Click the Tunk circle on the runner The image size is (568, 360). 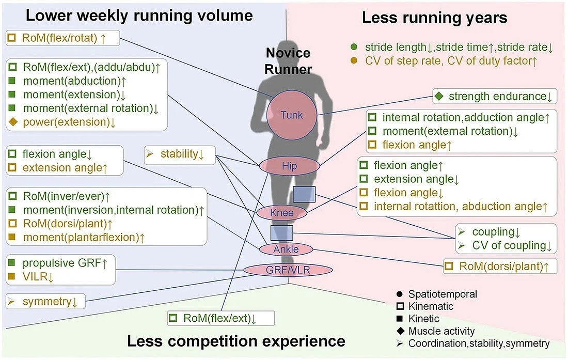tap(292, 115)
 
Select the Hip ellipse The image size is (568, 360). tap(290, 166)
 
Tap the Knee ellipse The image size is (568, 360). tap(282, 213)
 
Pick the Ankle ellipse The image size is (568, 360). tap(286, 249)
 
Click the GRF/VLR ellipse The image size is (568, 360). tap(288, 270)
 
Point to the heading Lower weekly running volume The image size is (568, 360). tap(139, 15)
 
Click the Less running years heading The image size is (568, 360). tap(435, 18)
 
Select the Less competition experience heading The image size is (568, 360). tap(236, 341)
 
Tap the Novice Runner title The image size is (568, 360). tap(288, 61)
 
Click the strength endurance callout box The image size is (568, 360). tap(495, 97)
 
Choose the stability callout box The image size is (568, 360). tap(180, 154)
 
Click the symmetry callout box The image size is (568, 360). tap(45, 301)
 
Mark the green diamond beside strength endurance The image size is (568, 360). tap(439, 96)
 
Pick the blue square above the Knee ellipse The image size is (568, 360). tap(304, 194)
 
